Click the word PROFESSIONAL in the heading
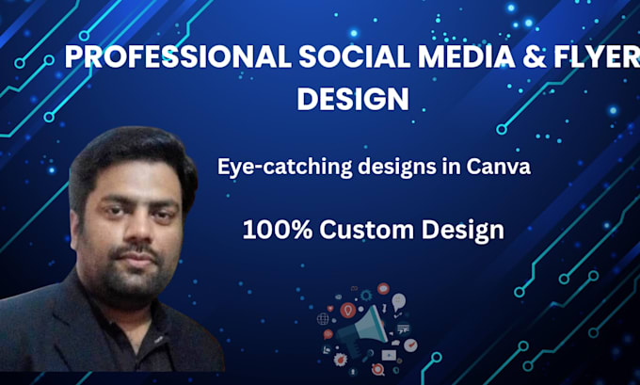pyautogui.click(x=179, y=56)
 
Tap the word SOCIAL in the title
pyautogui.click(x=354, y=56)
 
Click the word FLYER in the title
pyautogui.click(x=596, y=56)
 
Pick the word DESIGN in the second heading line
pyautogui.click(x=353, y=99)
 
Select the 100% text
pyautogui.click(x=278, y=230)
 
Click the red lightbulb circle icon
pyautogui.click(x=347, y=311)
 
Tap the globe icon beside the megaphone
pyautogui.click(x=323, y=319)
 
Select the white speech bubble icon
pyautogui.click(x=399, y=301)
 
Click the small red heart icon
pyautogui.click(x=330, y=309)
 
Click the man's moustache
pyautogui.click(x=136, y=250)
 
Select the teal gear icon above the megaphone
pyautogui.click(x=366, y=295)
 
